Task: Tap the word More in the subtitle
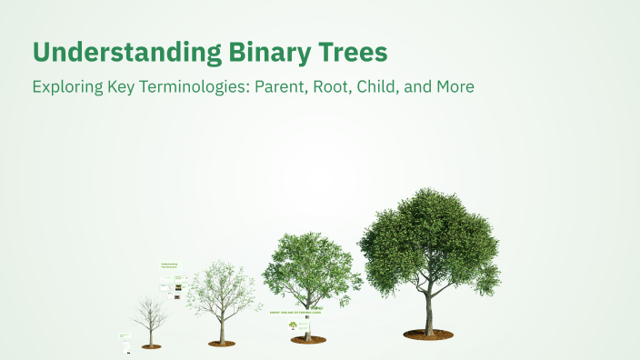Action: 455,88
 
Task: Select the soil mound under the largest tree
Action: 429,335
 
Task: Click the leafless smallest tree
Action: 150,314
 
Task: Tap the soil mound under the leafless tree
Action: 152,345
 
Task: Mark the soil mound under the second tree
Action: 221,343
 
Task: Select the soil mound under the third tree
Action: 308,340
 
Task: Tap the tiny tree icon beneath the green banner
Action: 293,325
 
